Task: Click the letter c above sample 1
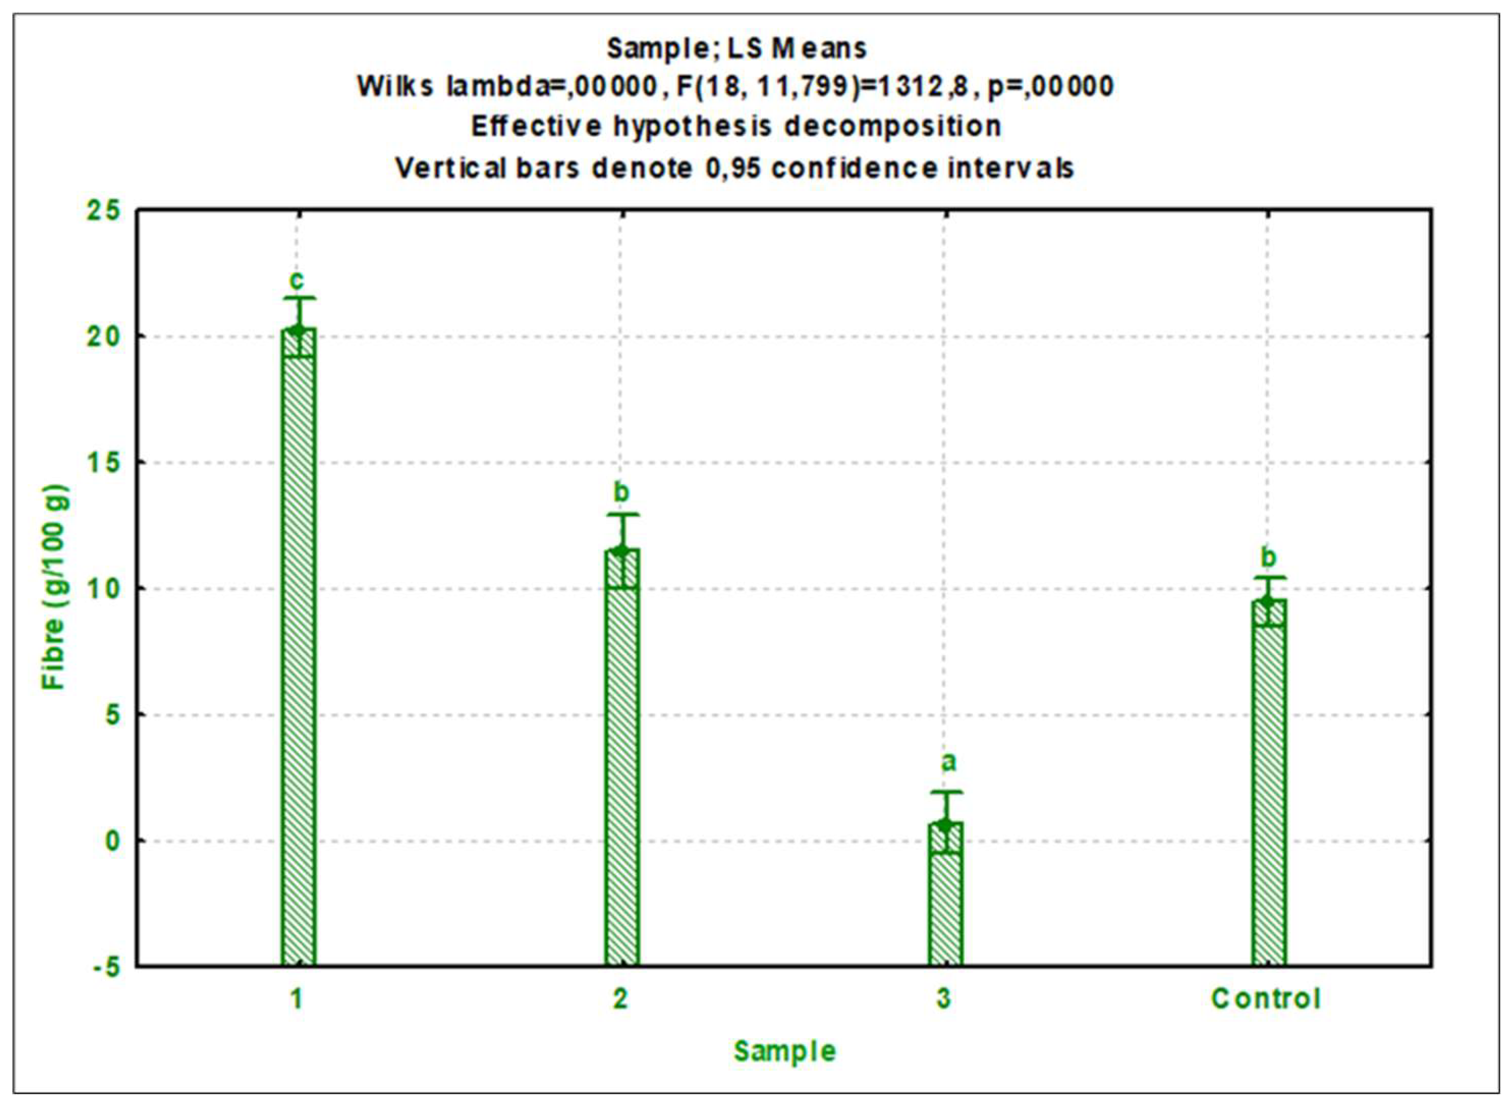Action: click(296, 279)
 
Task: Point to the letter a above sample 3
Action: click(948, 762)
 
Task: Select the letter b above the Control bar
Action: click(1268, 557)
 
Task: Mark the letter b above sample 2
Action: click(622, 492)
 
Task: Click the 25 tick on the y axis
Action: click(104, 211)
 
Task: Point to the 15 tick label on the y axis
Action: click(104, 463)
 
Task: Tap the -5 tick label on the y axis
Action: click(104, 967)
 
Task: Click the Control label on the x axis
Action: click(1266, 999)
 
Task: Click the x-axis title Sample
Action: click(785, 1051)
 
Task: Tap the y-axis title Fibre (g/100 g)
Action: click(54, 587)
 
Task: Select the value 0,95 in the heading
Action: click(733, 168)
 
